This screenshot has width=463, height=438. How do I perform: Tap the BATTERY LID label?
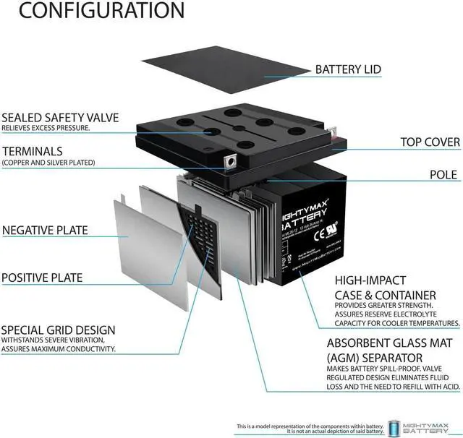coord(348,69)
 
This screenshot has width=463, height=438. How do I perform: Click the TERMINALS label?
coord(32,151)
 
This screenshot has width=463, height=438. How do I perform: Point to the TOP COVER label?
coord(430,142)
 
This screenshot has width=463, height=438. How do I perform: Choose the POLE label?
coord(443,175)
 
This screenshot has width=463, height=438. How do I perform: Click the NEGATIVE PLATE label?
coord(45,231)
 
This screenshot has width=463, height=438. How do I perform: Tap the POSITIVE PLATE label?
coord(42,278)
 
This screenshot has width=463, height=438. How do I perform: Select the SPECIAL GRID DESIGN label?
coord(58,330)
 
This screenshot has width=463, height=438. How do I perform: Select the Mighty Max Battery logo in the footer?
coord(423,426)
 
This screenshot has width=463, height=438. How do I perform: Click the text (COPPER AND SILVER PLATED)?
coord(48,163)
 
